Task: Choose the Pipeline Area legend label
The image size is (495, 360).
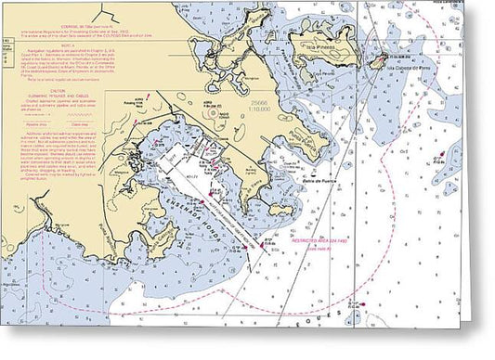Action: point(29,123)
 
